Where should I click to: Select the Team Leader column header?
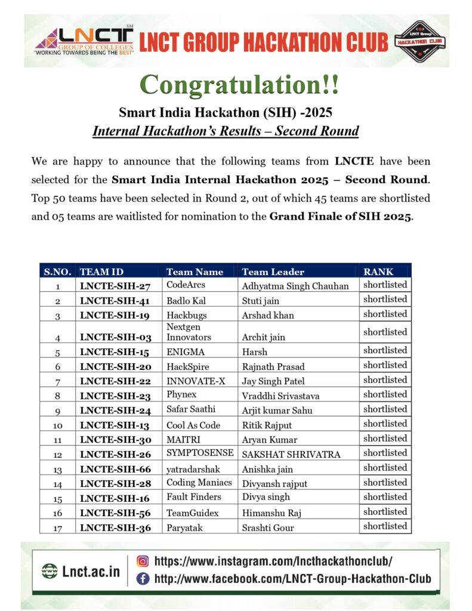(x=273, y=271)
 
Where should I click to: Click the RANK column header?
(x=378, y=271)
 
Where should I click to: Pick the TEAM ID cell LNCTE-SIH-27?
(x=115, y=286)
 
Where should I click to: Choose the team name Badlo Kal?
(x=186, y=301)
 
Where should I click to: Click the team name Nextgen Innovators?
(x=189, y=332)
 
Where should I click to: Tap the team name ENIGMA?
(x=186, y=351)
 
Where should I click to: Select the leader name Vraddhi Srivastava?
(x=280, y=396)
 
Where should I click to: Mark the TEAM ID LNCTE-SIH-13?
(x=115, y=425)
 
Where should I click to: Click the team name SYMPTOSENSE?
(x=200, y=454)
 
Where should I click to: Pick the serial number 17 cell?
(x=57, y=527)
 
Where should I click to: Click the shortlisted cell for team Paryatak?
(x=385, y=526)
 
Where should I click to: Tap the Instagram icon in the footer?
(x=143, y=561)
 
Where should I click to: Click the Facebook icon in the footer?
(x=143, y=578)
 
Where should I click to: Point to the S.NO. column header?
(x=57, y=271)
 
